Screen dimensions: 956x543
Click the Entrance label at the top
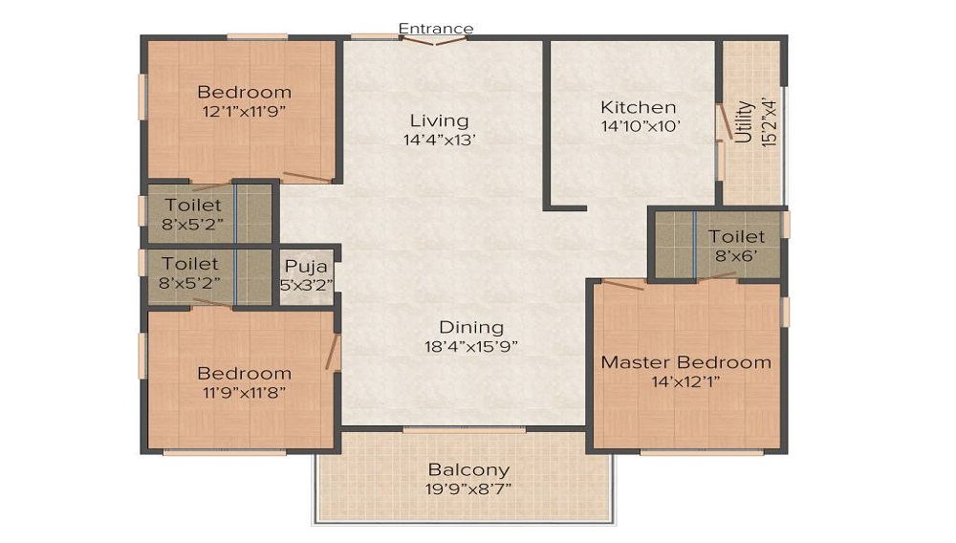(435, 28)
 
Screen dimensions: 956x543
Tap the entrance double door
(435, 41)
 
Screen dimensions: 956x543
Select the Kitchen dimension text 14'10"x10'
(641, 126)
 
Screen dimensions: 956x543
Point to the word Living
(439, 120)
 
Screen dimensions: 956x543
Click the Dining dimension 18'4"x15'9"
(471, 347)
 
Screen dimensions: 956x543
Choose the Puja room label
(306, 267)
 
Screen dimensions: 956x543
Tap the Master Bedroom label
(685, 362)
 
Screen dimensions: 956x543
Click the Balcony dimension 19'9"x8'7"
(468, 489)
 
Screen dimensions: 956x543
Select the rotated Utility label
(743, 121)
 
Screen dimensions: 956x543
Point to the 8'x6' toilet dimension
(736, 256)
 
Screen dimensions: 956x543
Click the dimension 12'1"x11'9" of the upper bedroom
(244, 112)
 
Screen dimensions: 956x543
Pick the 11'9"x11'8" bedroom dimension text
(244, 393)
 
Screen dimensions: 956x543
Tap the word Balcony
(468, 470)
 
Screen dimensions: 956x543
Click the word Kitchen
(639, 107)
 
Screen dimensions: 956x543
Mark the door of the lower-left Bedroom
(332, 352)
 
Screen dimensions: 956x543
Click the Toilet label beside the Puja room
(189, 264)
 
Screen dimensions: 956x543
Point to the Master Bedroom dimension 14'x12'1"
(685, 382)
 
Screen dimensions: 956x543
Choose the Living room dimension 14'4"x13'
(439, 141)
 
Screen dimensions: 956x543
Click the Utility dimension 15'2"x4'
(770, 122)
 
